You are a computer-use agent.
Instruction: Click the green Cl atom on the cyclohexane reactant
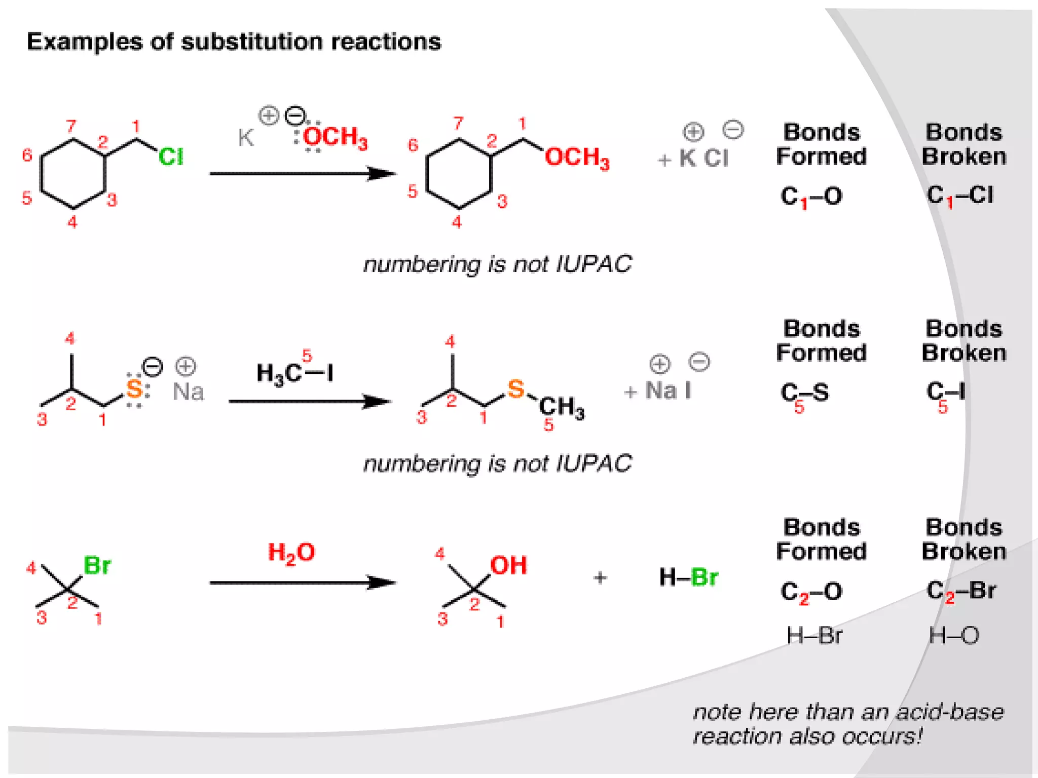click(171, 157)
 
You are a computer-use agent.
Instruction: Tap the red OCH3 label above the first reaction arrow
click(335, 137)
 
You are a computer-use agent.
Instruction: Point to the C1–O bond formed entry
click(811, 197)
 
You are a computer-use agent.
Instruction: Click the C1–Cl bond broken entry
click(959, 196)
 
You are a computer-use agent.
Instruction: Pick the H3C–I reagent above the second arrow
click(294, 374)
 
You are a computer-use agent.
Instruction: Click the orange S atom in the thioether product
click(516, 389)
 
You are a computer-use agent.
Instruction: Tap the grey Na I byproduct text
click(668, 391)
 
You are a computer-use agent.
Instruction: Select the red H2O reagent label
click(291, 553)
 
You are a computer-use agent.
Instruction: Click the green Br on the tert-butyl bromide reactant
click(97, 565)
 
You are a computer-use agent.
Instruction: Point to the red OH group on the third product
click(508, 565)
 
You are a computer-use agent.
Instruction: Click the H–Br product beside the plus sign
click(688, 577)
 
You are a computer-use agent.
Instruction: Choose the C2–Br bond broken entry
click(961, 591)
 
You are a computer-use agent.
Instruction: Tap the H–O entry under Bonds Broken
click(953, 635)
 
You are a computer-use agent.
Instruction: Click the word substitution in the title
click(251, 42)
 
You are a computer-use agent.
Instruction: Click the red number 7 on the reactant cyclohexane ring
click(71, 126)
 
